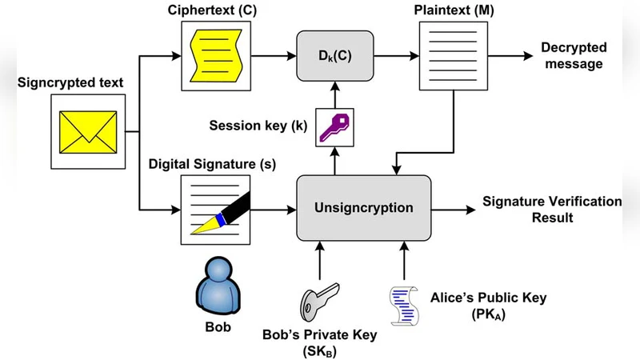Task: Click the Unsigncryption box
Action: click(364, 208)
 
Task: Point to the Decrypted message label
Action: click(572, 56)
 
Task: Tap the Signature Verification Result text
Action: click(552, 209)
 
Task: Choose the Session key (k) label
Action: click(258, 126)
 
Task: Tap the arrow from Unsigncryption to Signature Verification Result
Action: click(452, 209)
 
